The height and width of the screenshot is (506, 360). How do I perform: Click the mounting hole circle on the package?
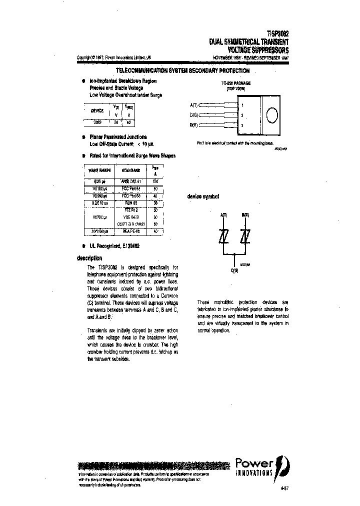(271, 114)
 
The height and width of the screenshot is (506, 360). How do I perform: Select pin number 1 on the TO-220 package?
(242, 105)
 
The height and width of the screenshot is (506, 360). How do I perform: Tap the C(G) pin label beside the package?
(194, 115)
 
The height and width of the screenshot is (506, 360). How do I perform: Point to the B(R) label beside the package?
(194, 125)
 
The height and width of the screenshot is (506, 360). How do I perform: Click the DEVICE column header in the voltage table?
(97, 110)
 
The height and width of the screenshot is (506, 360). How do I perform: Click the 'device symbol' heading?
(203, 197)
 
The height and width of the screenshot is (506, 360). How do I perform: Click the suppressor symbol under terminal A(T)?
(223, 237)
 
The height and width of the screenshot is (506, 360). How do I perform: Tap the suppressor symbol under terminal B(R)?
(244, 237)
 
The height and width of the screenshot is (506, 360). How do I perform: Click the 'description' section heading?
(89, 258)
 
